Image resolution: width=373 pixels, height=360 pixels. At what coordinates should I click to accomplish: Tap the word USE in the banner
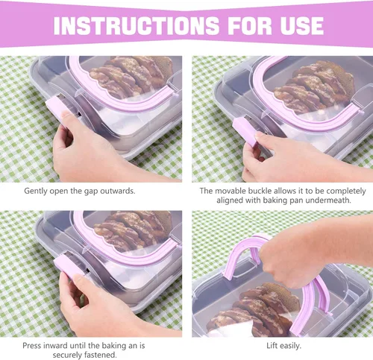pos(302,25)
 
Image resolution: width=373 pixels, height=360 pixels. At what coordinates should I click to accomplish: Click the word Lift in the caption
pos(272,346)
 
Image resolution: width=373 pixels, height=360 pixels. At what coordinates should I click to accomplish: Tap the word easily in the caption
pos(290,346)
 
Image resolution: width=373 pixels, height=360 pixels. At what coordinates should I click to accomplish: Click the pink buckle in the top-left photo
pos(57,109)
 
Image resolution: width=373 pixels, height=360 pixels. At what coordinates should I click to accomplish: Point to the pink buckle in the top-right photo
pos(246,131)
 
